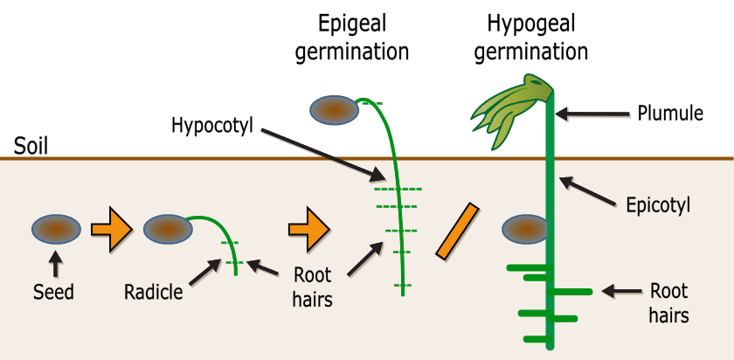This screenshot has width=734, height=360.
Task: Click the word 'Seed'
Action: pos(55,293)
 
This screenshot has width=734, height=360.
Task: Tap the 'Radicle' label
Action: pos(154,292)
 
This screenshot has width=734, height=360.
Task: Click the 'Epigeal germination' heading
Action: pos(352,37)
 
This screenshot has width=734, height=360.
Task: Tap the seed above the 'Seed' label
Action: pos(56,230)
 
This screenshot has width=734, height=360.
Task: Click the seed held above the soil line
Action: pos(335,109)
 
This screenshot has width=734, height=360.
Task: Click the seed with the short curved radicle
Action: pos(168,230)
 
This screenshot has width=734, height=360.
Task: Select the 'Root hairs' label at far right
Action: pos(668,302)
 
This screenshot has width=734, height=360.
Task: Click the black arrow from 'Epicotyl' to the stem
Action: pos(590,193)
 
